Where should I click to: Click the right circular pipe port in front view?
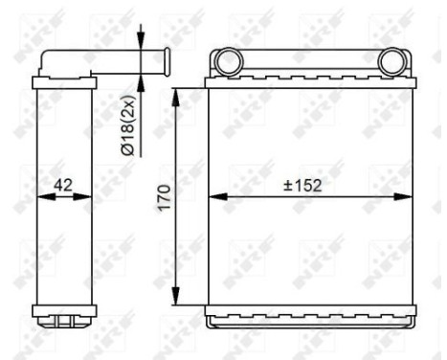coord(392,63)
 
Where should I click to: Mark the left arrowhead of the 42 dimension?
coord(41,198)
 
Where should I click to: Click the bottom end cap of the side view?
coord(64,312)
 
